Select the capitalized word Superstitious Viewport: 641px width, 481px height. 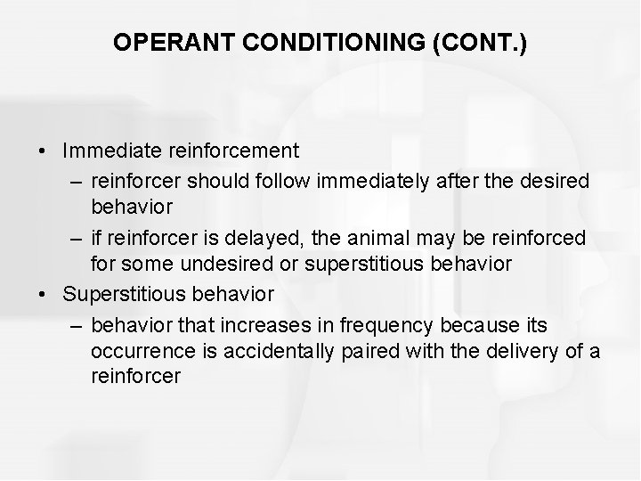(122, 293)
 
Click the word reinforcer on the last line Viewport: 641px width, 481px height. (135, 377)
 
